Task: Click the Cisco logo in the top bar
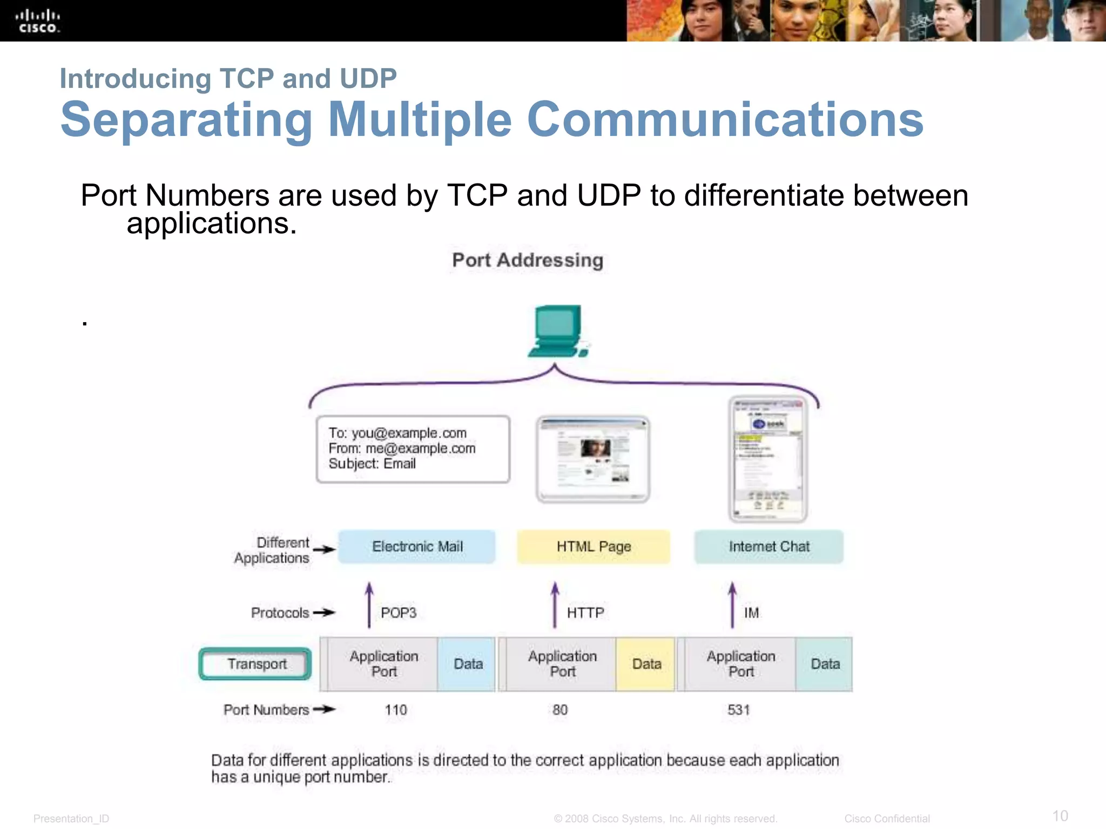37,21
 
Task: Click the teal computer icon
558,331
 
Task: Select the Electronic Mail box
417,547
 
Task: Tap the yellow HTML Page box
594,547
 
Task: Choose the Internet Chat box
768,547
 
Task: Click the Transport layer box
256,664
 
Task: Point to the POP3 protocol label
399,613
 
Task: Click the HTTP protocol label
585,613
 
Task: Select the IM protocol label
751,613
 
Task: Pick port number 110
396,710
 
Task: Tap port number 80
560,710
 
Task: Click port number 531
738,710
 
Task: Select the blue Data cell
468,664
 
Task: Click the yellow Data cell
646,664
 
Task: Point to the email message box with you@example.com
413,449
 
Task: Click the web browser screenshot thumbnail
593,459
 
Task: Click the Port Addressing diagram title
528,260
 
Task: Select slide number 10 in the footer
1060,816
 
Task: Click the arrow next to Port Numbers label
324,709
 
